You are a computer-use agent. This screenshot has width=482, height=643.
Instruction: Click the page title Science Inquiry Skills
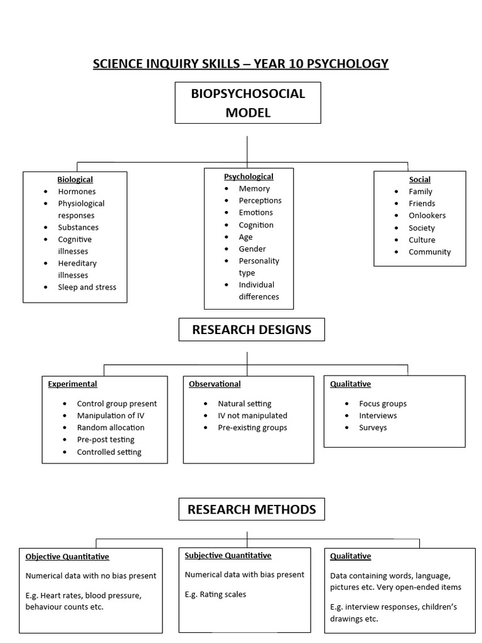240,64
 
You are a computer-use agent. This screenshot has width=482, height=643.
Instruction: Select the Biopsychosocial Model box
248,103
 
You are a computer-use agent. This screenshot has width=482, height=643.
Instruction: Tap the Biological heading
75,180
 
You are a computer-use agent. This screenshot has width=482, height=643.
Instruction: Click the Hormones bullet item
77,192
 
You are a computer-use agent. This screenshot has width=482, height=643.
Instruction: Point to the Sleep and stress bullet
87,287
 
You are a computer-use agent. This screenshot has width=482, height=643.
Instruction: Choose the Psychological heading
249,176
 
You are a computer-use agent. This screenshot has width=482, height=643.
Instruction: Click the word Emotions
255,212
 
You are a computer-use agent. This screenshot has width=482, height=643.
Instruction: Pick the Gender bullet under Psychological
252,249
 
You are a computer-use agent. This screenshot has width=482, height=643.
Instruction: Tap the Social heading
420,180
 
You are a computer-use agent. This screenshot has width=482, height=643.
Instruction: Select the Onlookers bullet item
427,215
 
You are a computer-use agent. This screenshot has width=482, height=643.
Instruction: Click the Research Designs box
251,330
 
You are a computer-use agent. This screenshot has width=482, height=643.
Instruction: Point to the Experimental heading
72,384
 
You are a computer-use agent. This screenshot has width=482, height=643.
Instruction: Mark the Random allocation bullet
110,428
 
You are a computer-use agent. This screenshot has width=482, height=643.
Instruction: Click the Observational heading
215,384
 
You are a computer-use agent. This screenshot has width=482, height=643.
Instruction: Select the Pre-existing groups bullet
252,428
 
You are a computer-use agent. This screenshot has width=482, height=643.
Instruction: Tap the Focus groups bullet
383,404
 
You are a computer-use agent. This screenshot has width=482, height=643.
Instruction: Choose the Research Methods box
252,509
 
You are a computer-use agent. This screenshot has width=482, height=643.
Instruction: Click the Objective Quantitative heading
67,556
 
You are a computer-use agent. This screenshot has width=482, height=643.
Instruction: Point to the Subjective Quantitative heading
228,555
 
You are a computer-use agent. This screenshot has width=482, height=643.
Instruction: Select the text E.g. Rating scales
215,594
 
